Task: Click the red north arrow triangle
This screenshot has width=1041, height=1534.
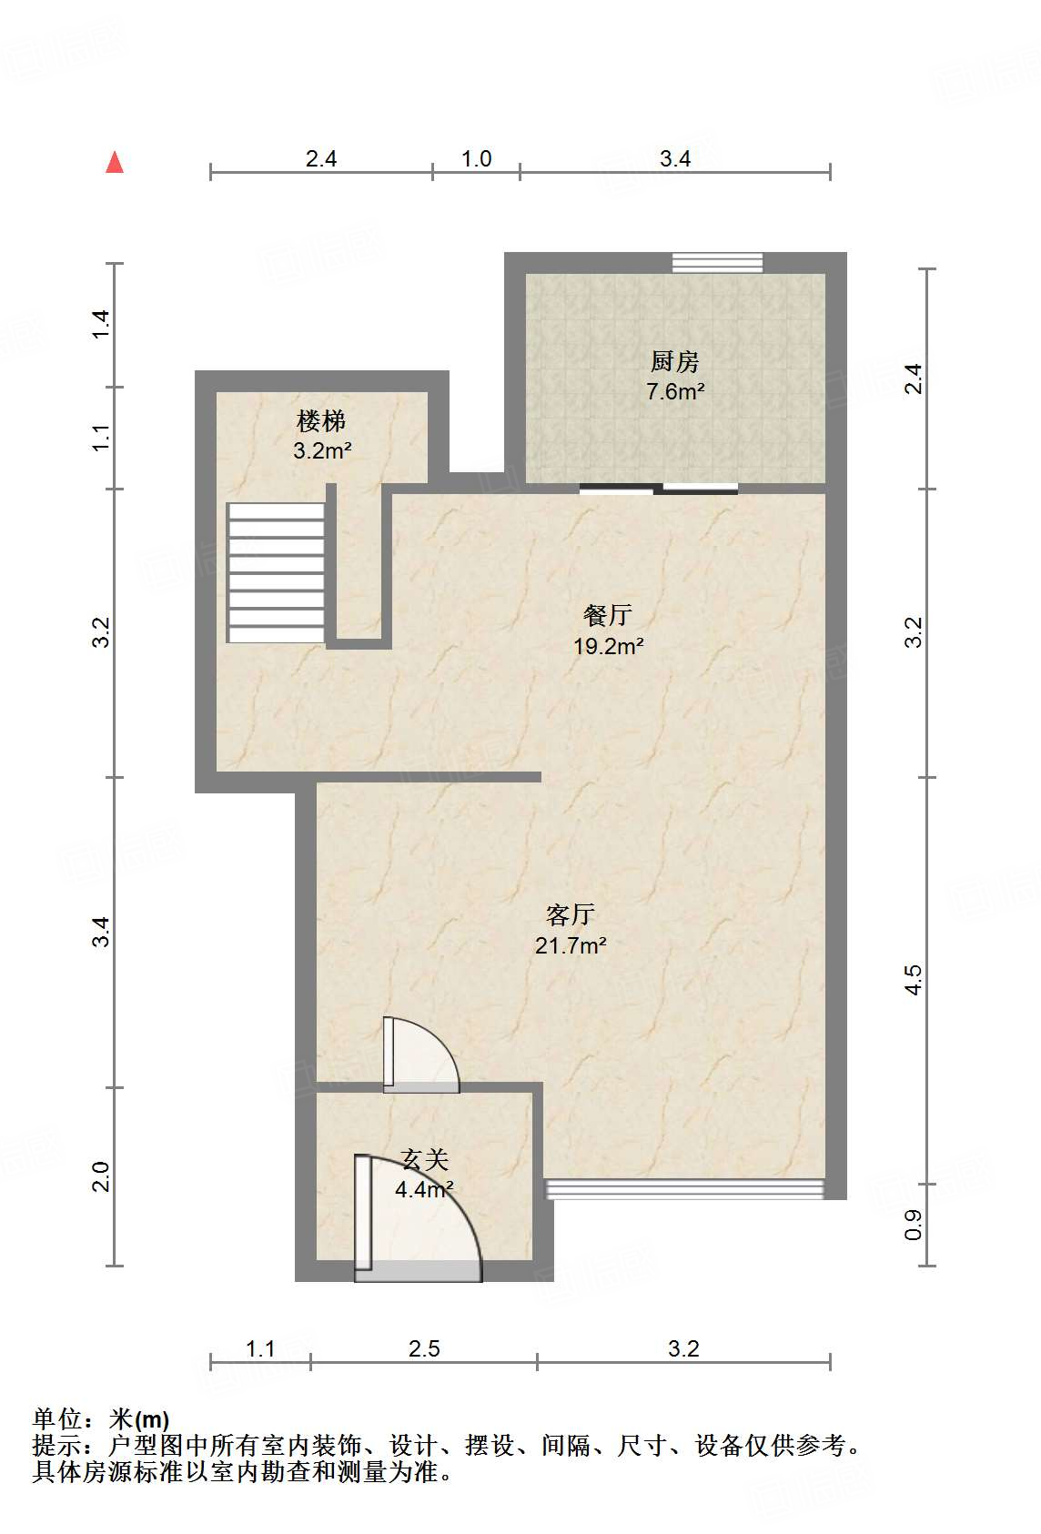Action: [x=115, y=163]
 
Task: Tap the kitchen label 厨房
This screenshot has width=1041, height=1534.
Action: [x=674, y=362]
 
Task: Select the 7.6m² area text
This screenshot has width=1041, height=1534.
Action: [x=675, y=392]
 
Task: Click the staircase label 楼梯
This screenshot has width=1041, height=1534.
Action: [x=321, y=421]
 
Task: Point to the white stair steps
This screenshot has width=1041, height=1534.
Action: [x=276, y=572]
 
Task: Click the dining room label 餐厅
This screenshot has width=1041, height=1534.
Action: [x=607, y=616]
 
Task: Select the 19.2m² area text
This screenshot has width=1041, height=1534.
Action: [x=608, y=647]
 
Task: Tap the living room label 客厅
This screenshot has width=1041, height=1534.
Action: [x=570, y=914]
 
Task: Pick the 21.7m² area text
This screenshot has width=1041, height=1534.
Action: [x=571, y=946]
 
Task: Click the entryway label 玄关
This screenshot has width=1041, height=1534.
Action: [x=425, y=1160]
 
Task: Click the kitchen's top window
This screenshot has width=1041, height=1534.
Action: [x=717, y=263]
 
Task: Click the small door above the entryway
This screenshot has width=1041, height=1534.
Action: [x=420, y=1055]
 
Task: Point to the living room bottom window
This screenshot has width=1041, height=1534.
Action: [x=684, y=1189]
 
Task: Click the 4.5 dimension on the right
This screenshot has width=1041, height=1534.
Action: [x=913, y=981]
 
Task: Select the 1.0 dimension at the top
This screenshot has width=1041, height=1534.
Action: [x=476, y=159]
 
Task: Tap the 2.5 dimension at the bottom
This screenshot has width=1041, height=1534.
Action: [x=424, y=1348]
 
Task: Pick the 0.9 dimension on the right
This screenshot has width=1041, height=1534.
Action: [x=913, y=1225]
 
